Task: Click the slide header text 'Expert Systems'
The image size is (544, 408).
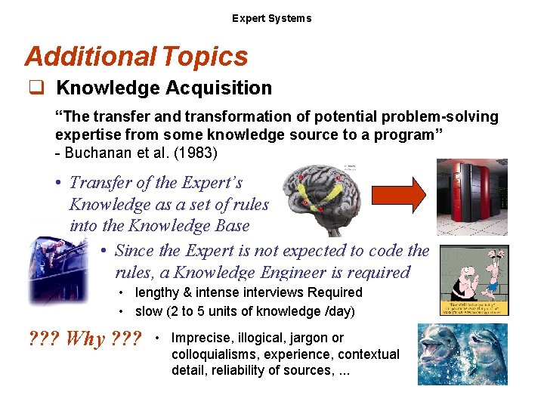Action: click(271, 18)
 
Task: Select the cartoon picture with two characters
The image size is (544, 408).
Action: click(474, 280)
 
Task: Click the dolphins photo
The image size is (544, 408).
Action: click(462, 354)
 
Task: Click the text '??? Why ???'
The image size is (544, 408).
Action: click(84, 339)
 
